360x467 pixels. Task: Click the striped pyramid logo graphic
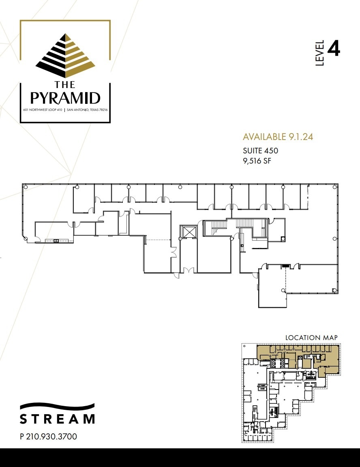click(66, 56)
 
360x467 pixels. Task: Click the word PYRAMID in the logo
click(66, 98)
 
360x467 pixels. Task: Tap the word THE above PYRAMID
click(66, 84)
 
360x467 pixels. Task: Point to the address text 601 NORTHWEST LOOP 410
click(43, 110)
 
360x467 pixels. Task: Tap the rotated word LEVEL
click(320, 53)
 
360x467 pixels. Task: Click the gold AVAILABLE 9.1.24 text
click(278, 137)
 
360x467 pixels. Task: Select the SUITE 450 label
click(260, 151)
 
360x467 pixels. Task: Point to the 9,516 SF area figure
click(257, 161)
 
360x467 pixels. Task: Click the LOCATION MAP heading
click(311, 338)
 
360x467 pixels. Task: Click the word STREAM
click(57, 419)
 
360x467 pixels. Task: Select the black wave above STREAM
click(57, 407)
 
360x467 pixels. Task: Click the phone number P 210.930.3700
click(48, 437)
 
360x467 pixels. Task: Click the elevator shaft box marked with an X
click(189, 232)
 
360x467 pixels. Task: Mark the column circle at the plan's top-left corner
click(26, 187)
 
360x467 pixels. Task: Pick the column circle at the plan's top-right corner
click(334, 187)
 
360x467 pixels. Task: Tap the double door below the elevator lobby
click(188, 270)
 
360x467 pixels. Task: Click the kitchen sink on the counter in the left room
click(56, 241)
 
